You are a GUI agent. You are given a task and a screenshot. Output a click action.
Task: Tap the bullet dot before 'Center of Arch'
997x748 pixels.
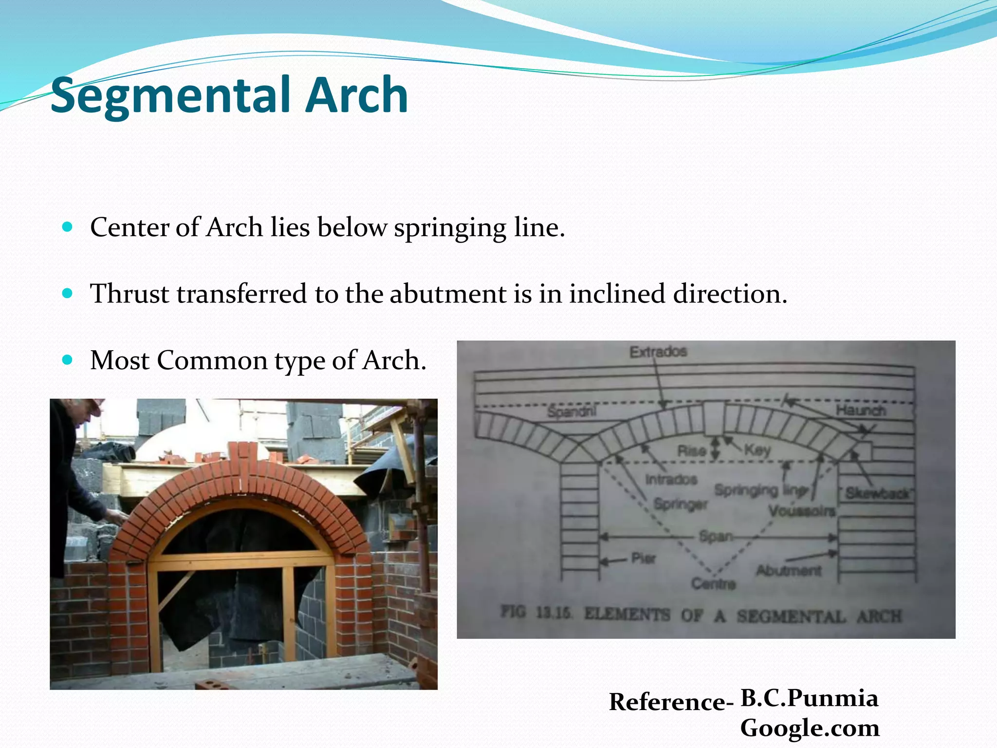(x=68, y=227)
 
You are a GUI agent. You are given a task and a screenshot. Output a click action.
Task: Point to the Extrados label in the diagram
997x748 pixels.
(x=658, y=352)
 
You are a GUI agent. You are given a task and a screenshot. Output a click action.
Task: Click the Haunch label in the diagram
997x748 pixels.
(x=861, y=411)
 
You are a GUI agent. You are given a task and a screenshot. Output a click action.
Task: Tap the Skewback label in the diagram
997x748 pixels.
(x=877, y=493)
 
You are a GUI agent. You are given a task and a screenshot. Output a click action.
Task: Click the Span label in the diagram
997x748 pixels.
(x=716, y=537)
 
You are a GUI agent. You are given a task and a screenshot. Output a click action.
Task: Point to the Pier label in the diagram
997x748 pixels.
(x=643, y=558)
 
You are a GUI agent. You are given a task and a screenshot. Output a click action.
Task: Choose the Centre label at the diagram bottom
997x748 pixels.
(x=713, y=583)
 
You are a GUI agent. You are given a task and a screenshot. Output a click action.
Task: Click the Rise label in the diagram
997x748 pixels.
(x=692, y=450)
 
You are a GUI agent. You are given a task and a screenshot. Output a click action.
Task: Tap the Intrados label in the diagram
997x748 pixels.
(x=671, y=480)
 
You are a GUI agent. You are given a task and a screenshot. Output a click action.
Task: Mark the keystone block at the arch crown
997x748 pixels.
(x=714, y=418)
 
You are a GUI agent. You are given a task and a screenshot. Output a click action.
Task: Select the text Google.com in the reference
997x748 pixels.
(x=810, y=728)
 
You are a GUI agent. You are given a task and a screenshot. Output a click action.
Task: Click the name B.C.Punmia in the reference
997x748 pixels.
(x=809, y=698)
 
